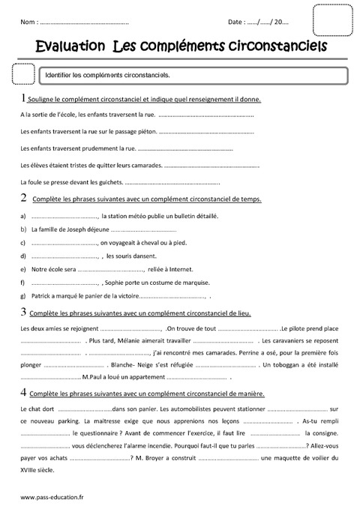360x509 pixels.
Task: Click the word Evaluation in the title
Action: [70, 47]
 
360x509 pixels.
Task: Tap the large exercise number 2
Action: [24, 198]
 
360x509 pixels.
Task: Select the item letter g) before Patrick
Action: [24, 296]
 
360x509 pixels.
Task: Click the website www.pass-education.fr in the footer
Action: [52, 497]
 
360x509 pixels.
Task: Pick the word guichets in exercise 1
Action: [106, 182]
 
